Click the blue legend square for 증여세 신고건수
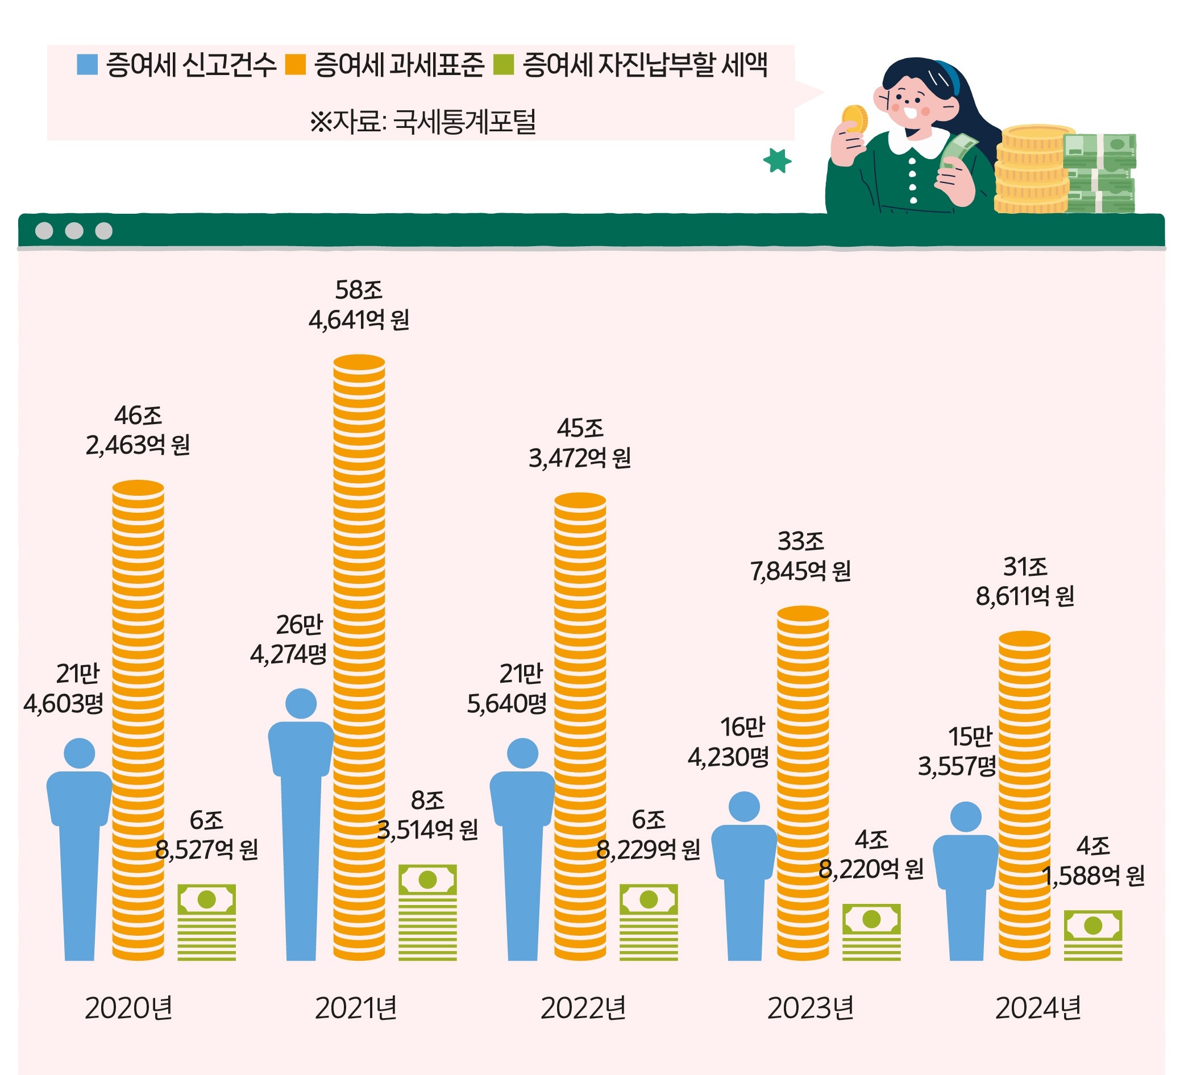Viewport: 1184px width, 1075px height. click(x=87, y=65)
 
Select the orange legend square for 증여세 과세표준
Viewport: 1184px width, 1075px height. click(x=296, y=65)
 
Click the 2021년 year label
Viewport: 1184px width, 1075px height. click(x=356, y=1008)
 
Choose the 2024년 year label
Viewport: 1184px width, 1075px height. click(x=1038, y=1008)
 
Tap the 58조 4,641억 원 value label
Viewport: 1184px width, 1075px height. click(x=359, y=305)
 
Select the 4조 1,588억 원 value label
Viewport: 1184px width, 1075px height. click(x=1093, y=861)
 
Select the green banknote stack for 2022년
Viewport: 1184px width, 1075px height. click(x=649, y=923)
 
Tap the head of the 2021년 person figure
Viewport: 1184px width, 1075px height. click(x=301, y=704)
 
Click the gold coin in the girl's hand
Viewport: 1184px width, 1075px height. click(x=854, y=119)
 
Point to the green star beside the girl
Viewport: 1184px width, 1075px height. click(x=777, y=160)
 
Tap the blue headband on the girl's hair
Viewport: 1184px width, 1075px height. click(x=950, y=77)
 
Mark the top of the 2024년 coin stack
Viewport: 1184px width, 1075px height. click(x=1024, y=638)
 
